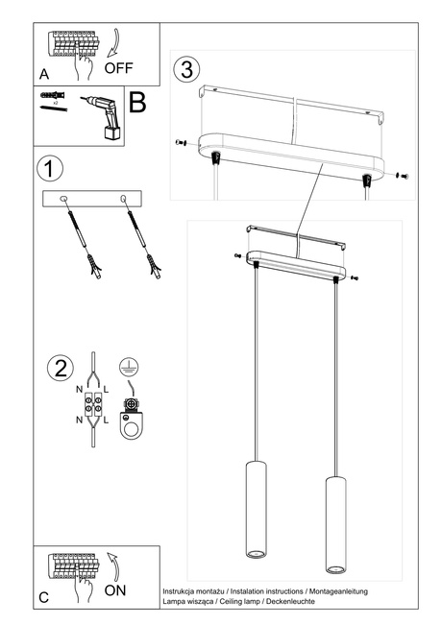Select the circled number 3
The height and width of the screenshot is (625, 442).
[186, 69]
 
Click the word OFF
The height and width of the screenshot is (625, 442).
[120, 68]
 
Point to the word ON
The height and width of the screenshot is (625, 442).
[114, 590]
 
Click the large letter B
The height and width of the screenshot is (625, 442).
[137, 103]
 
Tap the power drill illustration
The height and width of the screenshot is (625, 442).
[103, 116]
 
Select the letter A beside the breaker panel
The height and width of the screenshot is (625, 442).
[44, 74]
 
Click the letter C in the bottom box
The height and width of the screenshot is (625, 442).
[44, 597]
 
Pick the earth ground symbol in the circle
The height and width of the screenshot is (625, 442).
[125, 367]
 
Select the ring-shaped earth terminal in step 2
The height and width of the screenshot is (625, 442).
[126, 429]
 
